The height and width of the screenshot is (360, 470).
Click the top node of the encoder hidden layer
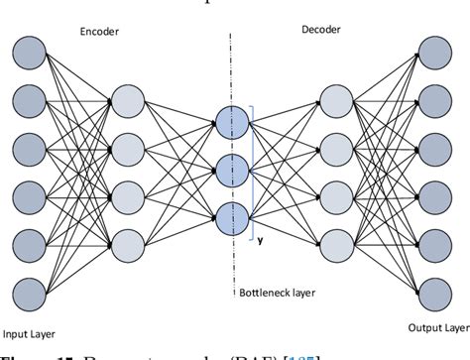[129, 101]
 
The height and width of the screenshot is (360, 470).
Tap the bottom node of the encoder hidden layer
[129, 244]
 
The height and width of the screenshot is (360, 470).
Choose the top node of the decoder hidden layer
[338, 101]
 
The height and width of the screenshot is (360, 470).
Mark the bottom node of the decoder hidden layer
[338, 244]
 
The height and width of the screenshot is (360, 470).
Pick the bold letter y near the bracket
[260, 239]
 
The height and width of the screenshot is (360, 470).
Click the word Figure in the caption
[22, 355]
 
